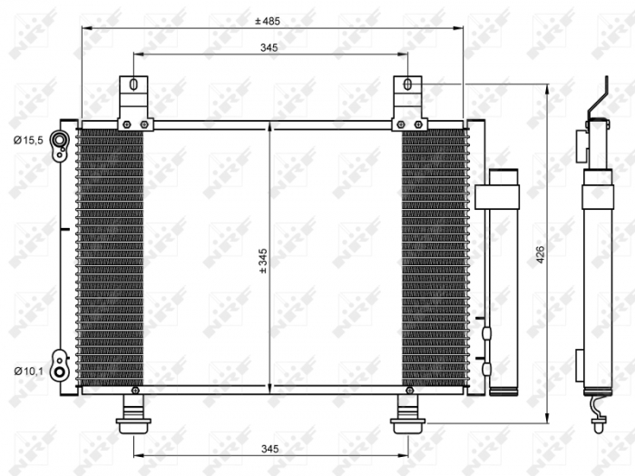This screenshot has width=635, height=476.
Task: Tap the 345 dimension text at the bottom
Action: coord(269,449)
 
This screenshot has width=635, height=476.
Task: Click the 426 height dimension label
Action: coord(540,255)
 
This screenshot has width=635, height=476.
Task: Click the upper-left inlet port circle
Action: coord(60,140)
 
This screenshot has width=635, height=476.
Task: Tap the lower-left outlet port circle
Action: coord(60,371)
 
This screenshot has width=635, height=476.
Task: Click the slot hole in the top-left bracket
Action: coord(133,86)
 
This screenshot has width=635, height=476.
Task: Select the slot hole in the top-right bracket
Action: coord(407,86)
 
